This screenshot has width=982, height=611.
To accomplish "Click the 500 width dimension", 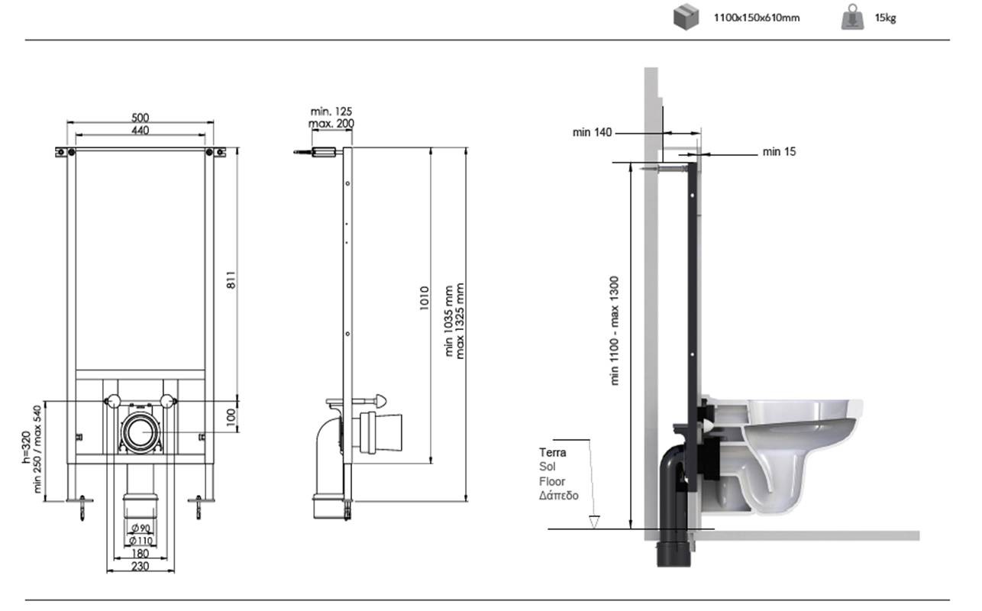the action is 141,118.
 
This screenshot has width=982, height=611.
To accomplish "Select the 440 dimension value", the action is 141,131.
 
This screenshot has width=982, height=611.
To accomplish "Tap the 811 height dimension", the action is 231,280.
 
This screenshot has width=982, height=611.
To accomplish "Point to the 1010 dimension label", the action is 424,299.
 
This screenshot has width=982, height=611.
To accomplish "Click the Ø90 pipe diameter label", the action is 141,528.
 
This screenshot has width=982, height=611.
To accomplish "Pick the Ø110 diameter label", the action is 141,541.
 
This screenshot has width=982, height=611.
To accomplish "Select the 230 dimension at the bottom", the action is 141,566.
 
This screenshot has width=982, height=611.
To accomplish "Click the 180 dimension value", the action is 141,554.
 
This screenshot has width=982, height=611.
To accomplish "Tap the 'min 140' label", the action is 592,132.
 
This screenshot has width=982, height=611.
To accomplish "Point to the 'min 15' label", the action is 779,152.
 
